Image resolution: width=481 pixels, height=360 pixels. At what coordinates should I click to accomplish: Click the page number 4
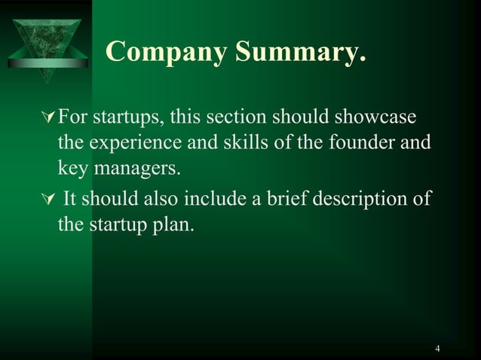(437, 348)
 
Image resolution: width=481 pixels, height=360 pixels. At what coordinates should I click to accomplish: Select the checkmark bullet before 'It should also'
(50, 200)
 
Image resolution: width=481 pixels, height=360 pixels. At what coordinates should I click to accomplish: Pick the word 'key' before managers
(72, 167)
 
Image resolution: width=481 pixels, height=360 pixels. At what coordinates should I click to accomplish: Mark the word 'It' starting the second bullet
(70, 200)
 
